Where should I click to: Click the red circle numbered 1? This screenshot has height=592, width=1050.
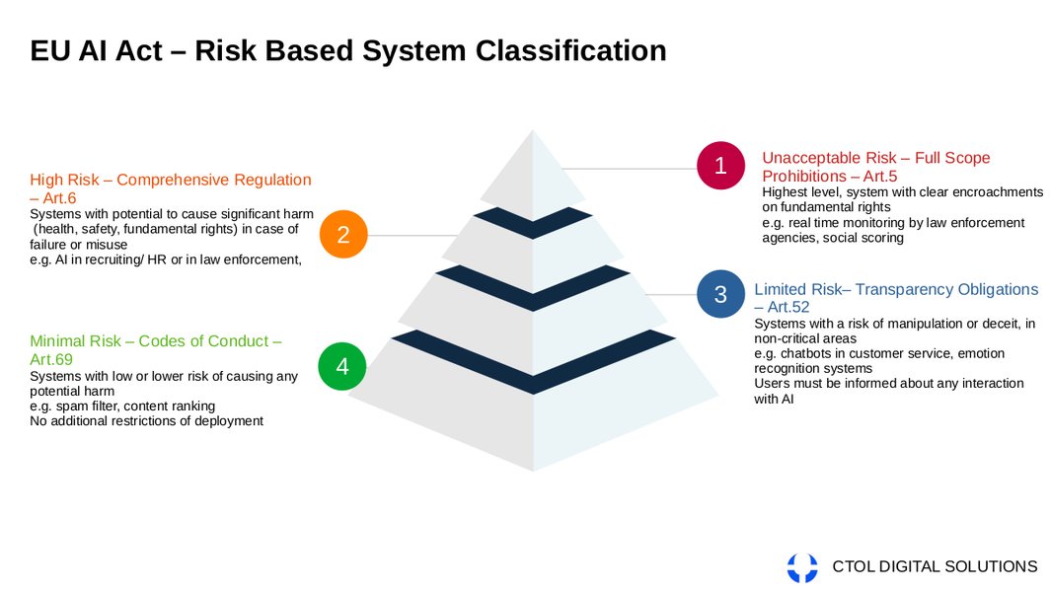[720, 166]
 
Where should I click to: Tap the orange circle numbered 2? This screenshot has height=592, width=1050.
[343, 235]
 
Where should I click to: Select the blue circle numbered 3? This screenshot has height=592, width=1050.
[720, 294]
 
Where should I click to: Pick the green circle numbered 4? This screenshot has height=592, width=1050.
[342, 366]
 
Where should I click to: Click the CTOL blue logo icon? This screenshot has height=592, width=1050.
[802, 567]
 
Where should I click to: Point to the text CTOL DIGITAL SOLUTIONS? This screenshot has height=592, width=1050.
[935, 566]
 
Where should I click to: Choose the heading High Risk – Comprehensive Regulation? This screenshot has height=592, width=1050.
[170, 180]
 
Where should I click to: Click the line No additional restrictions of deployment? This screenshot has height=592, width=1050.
[146, 420]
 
